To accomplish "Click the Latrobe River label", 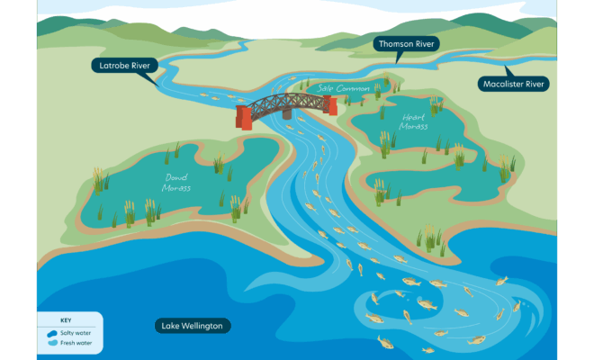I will point(125,65).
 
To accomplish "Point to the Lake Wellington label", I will point(193,325).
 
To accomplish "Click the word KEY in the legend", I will point(66,321).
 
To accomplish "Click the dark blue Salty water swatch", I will point(52,333).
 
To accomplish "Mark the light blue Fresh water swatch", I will point(52,343).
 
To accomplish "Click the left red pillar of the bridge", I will point(244,117).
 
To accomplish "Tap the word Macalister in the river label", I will point(500,84).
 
